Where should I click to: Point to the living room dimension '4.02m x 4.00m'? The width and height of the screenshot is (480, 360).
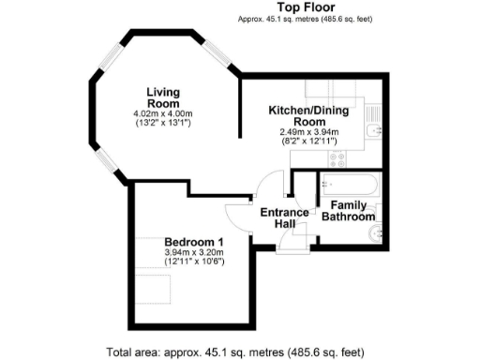162,114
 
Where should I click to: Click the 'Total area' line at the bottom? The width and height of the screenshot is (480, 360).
234,352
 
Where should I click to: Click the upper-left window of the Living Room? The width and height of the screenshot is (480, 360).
111,56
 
